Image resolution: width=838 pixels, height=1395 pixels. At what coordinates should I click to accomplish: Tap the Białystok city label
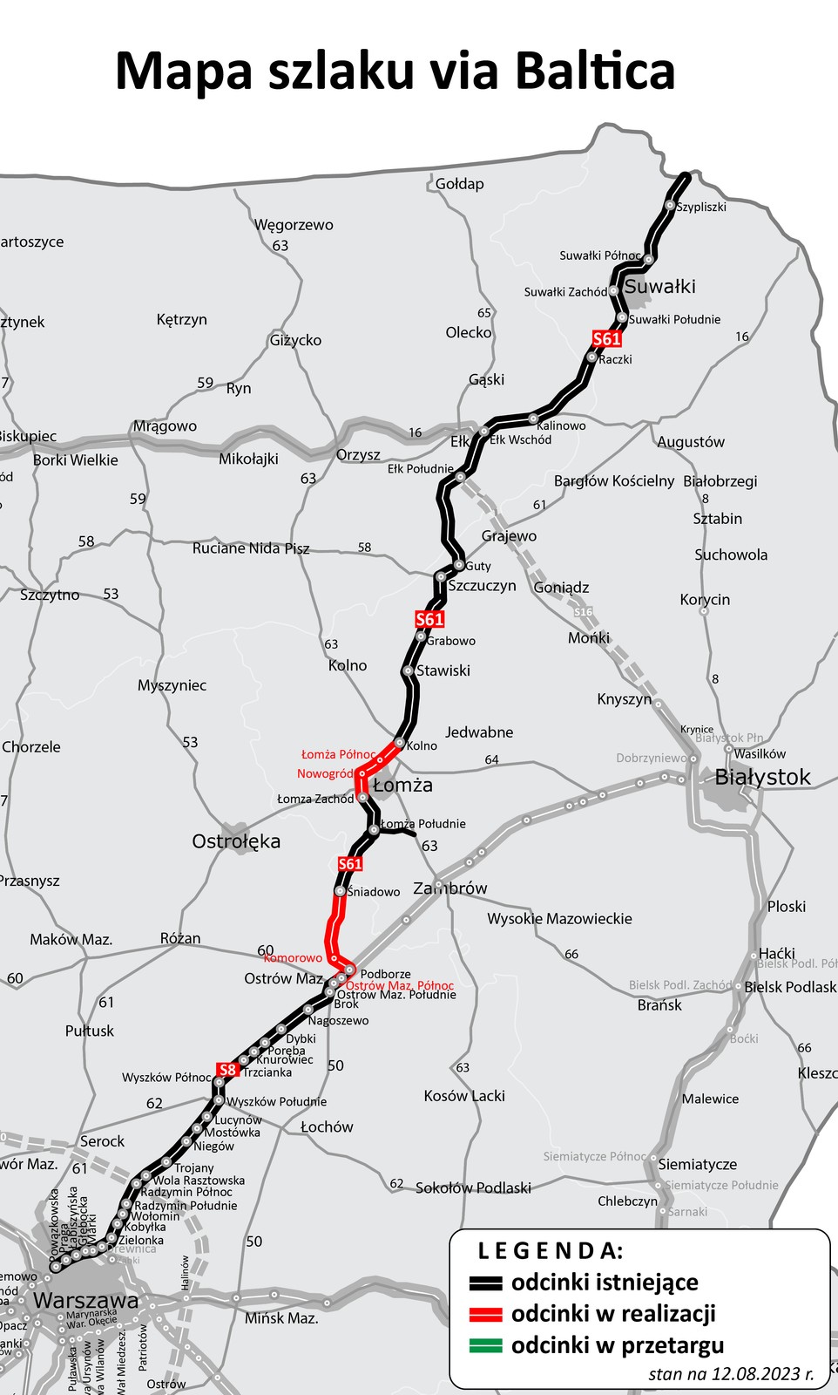pyautogui.click(x=762, y=777)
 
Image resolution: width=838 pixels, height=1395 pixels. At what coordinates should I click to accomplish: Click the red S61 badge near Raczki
pyautogui.click(x=606, y=339)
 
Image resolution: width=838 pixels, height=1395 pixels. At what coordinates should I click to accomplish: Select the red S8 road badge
pyautogui.click(x=227, y=1070)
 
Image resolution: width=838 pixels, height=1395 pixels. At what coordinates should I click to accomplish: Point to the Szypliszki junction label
pyautogui.click(x=701, y=207)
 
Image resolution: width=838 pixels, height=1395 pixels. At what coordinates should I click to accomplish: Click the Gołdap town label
pyautogui.click(x=459, y=184)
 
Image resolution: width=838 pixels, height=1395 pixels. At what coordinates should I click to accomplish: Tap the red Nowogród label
pyautogui.click(x=325, y=773)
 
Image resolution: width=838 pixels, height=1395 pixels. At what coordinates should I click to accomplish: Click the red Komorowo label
pyautogui.click(x=293, y=957)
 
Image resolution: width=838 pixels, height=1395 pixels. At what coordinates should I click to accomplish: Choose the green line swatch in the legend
pyautogui.click(x=485, y=1345)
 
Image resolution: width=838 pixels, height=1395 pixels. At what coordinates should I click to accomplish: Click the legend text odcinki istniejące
pyautogui.click(x=605, y=1283)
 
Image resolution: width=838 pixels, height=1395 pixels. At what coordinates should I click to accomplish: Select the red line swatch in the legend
pyautogui.click(x=485, y=1314)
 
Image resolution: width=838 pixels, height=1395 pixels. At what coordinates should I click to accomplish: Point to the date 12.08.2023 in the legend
pyautogui.click(x=754, y=1374)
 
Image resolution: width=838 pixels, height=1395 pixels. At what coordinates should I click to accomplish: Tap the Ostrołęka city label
pyautogui.click(x=236, y=841)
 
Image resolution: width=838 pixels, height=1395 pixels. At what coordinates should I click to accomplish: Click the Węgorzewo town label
pyautogui.click(x=294, y=225)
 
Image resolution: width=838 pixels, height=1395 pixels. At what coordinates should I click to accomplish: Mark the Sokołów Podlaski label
pyautogui.click(x=473, y=1187)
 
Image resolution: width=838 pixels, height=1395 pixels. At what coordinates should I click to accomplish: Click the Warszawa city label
pyautogui.click(x=85, y=1301)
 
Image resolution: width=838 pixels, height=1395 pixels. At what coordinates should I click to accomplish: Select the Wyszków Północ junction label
pyautogui.click(x=166, y=1078)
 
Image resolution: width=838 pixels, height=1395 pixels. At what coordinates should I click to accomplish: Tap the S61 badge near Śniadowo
pyautogui.click(x=349, y=864)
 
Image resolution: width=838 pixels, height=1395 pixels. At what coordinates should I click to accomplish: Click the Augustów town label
pyautogui.click(x=691, y=442)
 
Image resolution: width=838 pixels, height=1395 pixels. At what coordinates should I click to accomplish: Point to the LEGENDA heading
pyautogui.click(x=551, y=1251)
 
